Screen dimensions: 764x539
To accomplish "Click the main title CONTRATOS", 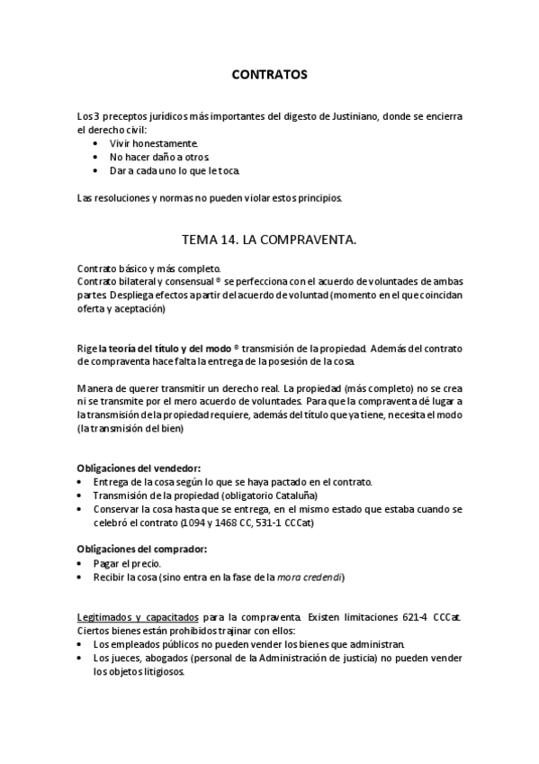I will pyautogui.click(x=270, y=75).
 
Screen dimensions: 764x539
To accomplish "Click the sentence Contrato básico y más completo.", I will pyautogui.click(x=148, y=268).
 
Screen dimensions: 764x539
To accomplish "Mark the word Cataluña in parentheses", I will pyautogui.click(x=292, y=496).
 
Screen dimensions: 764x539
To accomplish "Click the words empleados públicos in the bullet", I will pyautogui.click(x=162, y=644).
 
